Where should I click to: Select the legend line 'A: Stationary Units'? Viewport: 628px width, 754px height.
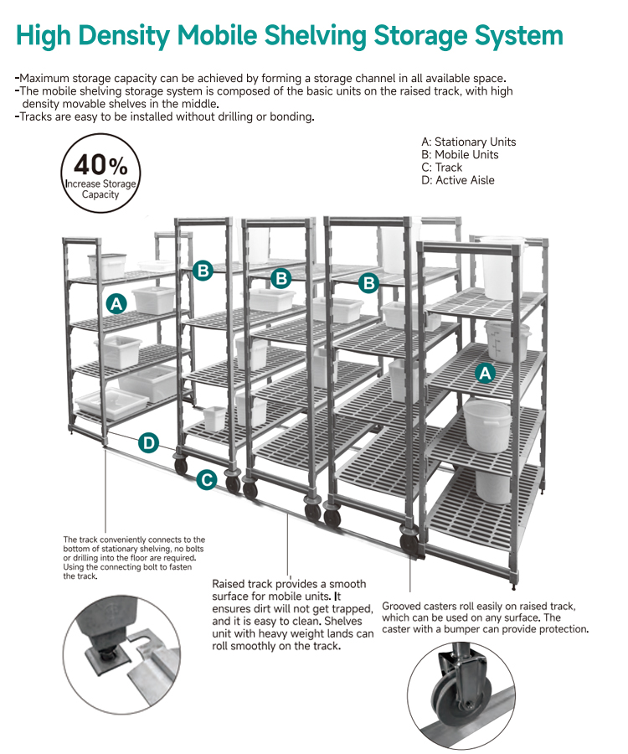tap(468, 142)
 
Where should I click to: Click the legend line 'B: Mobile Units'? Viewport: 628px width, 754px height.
tap(460, 155)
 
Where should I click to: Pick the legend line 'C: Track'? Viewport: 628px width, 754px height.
tap(441, 168)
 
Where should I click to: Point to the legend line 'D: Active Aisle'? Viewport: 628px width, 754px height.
tap(458, 180)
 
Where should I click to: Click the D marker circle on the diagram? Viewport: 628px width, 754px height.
tap(149, 443)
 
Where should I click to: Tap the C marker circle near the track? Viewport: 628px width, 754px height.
tap(207, 480)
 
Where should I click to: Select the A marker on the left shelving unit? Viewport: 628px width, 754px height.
tap(116, 304)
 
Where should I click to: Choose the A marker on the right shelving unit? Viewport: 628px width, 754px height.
tap(486, 373)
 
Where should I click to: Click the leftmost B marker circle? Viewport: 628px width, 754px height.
tap(203, 271)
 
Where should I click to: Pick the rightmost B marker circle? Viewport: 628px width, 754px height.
tap(369, 283)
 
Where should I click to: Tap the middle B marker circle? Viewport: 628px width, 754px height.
tap(281, 278)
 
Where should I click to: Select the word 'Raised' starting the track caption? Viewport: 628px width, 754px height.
tap(228, 584)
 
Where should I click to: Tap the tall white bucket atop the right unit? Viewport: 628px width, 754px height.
tap(503, 267)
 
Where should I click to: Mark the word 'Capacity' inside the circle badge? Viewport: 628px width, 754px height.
tap(100, 194)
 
